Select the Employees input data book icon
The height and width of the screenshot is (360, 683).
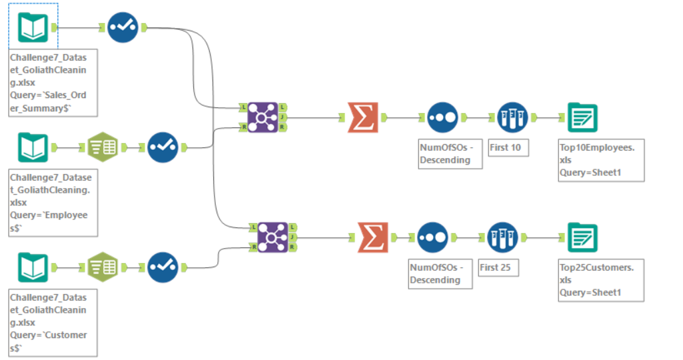[x=33, y=147]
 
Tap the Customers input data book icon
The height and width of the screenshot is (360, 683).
[x=33, y=267]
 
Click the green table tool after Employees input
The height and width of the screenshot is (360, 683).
[x=103, y=147]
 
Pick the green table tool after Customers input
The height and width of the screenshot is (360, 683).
[x=103, y=267]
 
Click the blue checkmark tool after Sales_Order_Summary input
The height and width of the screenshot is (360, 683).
[x=123, y=27]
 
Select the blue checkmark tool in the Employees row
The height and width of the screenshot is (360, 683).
[x=163, y=147]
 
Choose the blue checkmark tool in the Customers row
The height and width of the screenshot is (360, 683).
[x=163, y=267]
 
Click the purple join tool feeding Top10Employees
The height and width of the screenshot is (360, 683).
[x=263, y=117]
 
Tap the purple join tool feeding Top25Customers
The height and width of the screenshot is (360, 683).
[x=263, y=237]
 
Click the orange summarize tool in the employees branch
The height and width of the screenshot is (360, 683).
[x=362, y=117]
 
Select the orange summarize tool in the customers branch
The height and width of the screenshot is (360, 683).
[x=372, y=237]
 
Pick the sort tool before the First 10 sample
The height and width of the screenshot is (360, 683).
[x=442, y=117]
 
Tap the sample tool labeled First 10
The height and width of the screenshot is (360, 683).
[x=512, y=117]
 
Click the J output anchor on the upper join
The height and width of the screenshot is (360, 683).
[x=283, y=117]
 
